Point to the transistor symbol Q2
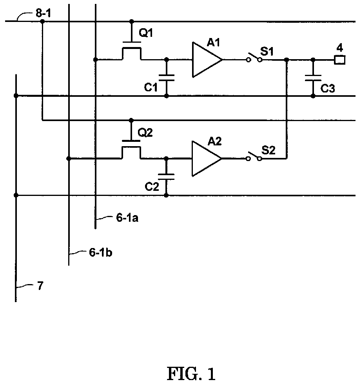[131, 150]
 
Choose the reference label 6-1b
[100, 253]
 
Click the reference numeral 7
[40, 286]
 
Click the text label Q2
[146, 133]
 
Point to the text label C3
[328, 89]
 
